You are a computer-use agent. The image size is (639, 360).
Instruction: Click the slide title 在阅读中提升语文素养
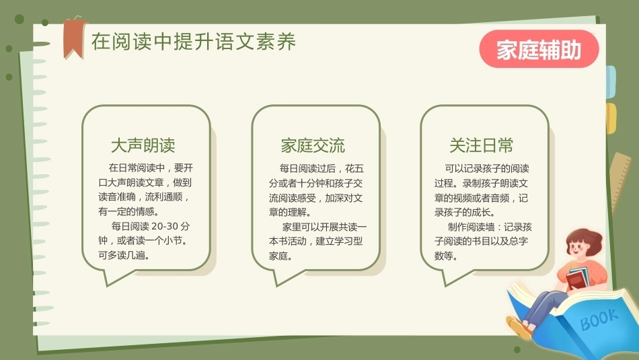(x=194, y=42)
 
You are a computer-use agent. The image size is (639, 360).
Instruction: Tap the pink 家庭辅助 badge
(x=539, y=49)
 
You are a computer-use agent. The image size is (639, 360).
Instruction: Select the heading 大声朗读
(x=143, y=145)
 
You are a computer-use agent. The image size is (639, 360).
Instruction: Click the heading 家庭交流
(x=313, y=145)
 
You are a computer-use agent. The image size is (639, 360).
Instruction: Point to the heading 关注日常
(x=482, y=145)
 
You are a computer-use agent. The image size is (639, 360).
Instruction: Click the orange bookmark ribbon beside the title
(x=74, y=38)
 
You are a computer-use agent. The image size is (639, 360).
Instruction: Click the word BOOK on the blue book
(x=599, y=319)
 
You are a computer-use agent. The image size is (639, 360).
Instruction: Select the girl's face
(x=578, y=248)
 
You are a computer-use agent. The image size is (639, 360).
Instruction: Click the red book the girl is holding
(x=576, y=280)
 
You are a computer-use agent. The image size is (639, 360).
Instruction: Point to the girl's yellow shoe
(x=519, y=328)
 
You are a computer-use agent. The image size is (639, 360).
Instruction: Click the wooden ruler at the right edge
(x=620, y=182)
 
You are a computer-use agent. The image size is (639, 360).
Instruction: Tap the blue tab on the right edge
(x=611, y=82)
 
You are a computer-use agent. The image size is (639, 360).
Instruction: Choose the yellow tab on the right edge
(x=611, y=118)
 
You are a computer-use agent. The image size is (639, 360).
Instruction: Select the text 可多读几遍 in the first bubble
(x=124, y=256)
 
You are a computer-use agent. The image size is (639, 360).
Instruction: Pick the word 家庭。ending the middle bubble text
(x=280, y=256)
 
